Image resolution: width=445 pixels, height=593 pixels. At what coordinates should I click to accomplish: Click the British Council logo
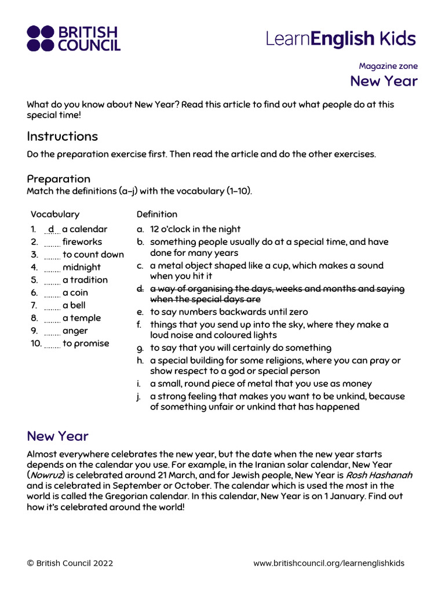pos(73,38)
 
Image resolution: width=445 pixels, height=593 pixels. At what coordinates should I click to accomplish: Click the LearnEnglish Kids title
pos(341,39)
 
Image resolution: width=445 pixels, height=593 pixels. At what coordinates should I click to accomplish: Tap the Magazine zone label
pos(388,66)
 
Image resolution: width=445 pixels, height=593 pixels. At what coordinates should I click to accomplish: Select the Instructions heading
pos(63,137)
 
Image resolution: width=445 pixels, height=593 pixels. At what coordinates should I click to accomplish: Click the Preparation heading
pos(59,178)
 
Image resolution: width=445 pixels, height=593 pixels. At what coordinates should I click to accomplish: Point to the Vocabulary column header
pos(55,214)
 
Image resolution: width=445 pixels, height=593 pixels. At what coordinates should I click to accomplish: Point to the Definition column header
pos(157,214)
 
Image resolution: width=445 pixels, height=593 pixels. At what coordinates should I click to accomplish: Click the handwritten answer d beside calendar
pos(51,229)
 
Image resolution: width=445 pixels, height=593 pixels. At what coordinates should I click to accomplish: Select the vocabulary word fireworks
pos(82,242)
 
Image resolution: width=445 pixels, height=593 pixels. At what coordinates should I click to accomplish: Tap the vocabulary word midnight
pos(81,268)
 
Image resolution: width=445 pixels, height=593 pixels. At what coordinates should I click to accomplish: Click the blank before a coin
pos(52,294)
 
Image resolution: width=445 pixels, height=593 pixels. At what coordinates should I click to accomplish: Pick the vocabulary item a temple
pos(81,318)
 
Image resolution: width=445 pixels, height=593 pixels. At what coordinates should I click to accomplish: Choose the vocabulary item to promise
pos(85,343)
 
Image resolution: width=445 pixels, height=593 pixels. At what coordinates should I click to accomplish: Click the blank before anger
pos(52,332)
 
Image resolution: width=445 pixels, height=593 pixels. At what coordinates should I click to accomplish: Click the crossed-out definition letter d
pos(140,288)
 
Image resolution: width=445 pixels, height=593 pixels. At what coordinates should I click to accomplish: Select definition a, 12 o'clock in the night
pos(195,229)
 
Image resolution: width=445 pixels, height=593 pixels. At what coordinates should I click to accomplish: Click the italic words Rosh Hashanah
pos(379,475)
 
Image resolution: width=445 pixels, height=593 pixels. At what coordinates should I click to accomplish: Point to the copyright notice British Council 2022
pos(70,563)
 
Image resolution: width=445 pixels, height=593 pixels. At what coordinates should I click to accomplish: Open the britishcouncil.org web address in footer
pos(329,563)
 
